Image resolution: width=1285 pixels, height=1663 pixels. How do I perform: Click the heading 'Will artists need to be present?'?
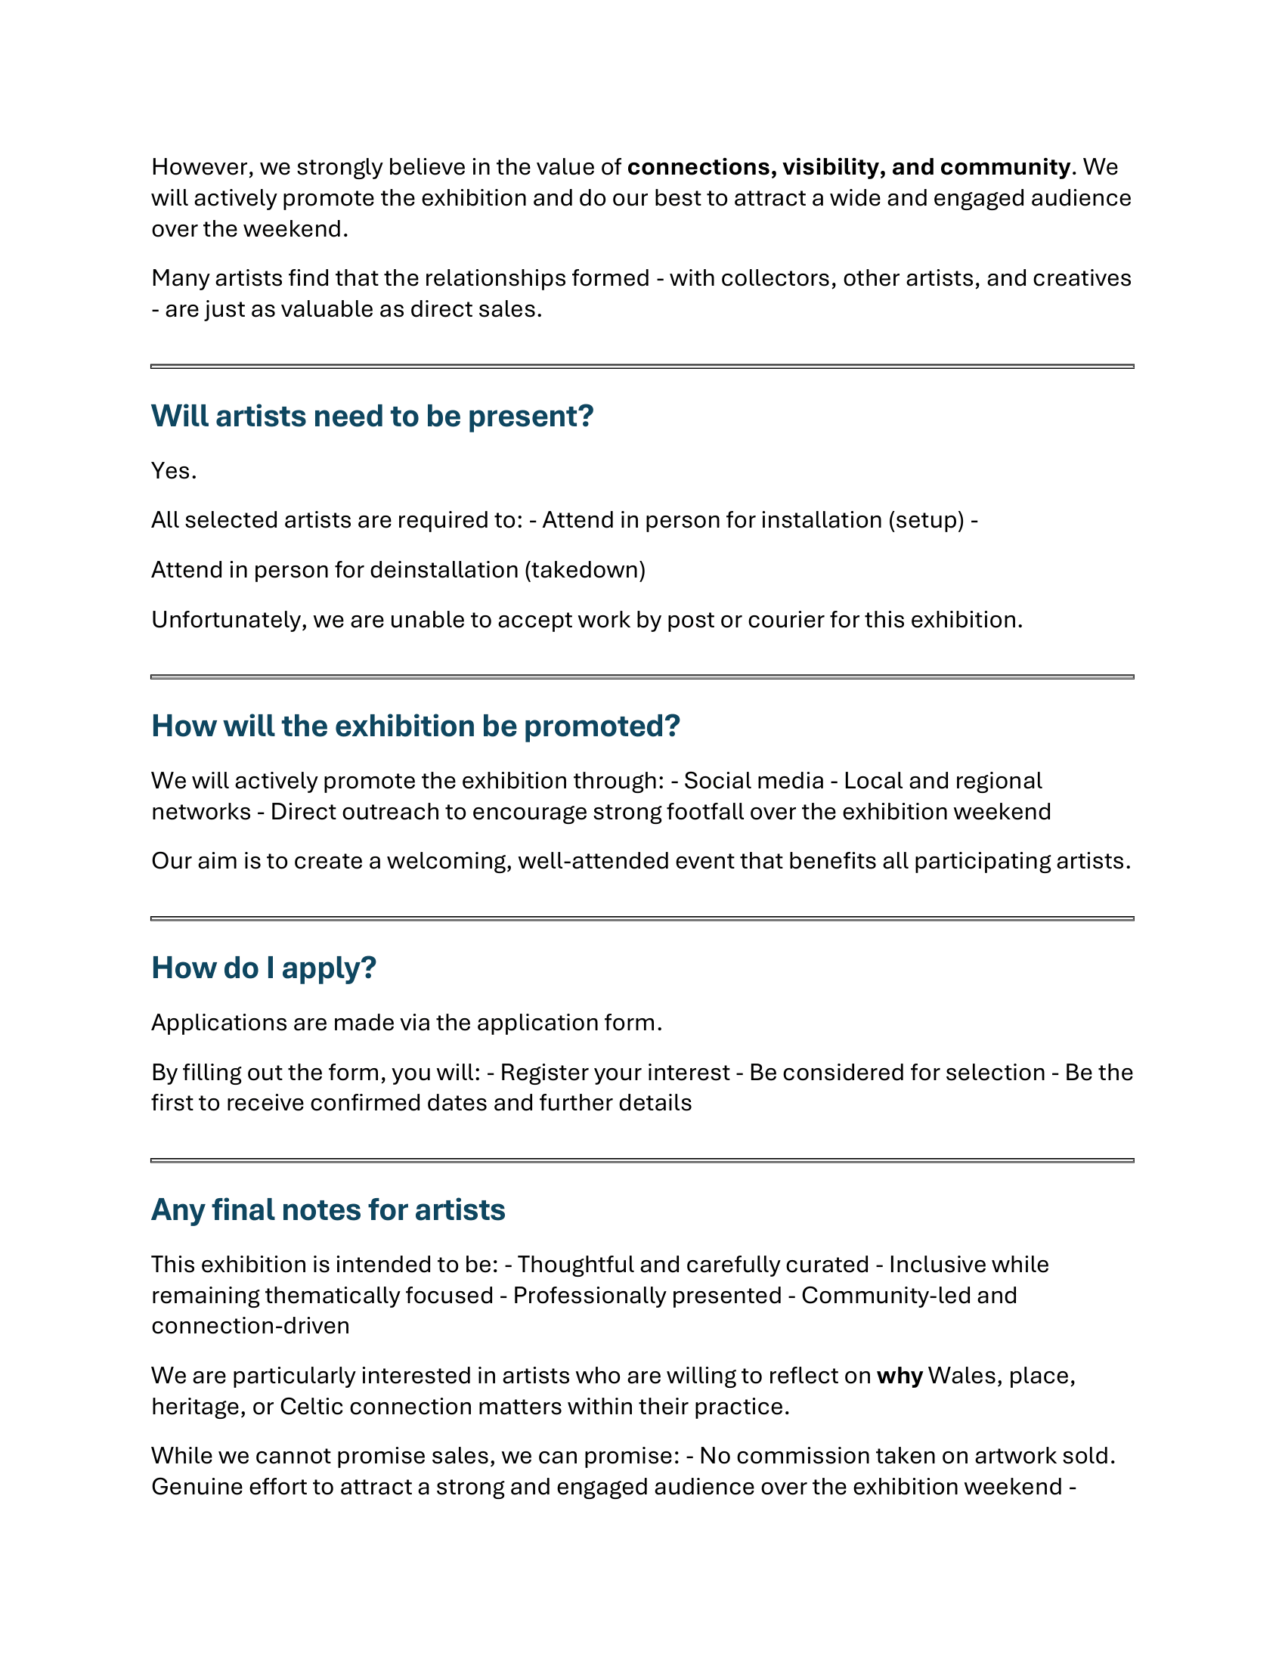tap(371, 417)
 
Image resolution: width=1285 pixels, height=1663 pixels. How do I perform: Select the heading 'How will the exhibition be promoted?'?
tap(415, 726)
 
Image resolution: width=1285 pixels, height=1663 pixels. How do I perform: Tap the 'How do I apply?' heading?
tap(263, 968)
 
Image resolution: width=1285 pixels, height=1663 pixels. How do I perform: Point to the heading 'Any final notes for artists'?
tap(327, 1210)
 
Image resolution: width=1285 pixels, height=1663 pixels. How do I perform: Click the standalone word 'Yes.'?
tap(174, 472)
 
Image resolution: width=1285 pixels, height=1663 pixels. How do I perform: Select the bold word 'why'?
tap(899, 1376)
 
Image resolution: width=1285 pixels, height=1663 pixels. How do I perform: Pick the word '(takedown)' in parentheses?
tap(584, 570)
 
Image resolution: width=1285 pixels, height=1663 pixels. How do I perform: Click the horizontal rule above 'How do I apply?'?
tap(642, 919)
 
